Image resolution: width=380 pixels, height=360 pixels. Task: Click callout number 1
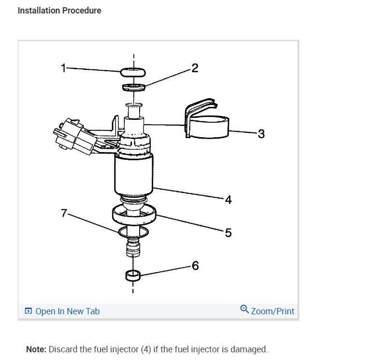64,68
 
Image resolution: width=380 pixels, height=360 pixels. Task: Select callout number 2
195,68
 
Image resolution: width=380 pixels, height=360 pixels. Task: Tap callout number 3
261,134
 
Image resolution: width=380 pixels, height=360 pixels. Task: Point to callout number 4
228,200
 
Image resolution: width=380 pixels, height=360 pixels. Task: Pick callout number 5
228,232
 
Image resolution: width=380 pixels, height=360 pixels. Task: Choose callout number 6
196,266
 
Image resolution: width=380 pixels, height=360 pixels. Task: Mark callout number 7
64,213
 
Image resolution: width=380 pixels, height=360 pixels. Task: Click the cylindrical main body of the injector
133,175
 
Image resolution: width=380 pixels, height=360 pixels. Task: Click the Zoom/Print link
273,311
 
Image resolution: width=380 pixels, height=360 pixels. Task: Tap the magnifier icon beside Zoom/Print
244,309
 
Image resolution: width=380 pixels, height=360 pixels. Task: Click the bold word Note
36,349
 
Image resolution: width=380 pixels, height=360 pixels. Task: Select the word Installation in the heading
39,11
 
